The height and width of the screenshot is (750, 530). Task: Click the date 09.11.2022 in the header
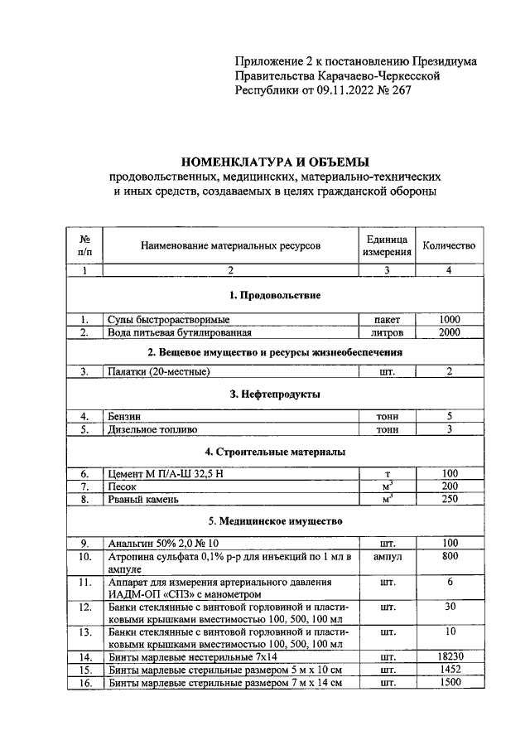[337, 91]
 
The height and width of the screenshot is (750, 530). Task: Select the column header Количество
[449, 245]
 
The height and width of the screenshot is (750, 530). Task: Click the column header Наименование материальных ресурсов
[229, 245]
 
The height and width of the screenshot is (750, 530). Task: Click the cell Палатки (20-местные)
[158, 372]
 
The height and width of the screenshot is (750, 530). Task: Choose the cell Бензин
[125, 416]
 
